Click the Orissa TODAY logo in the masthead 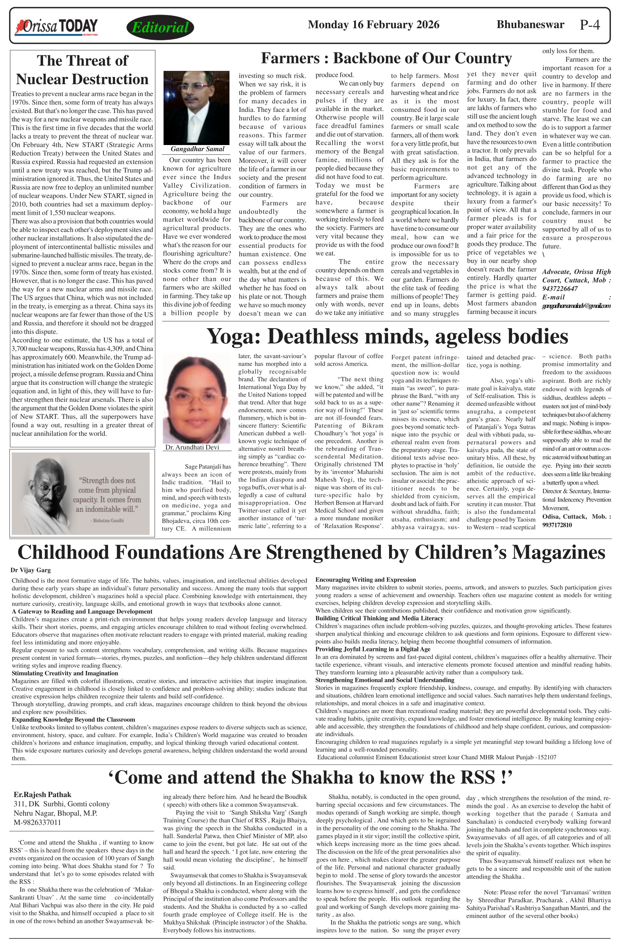56,27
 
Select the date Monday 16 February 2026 373,25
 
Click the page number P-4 589,25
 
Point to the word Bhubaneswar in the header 530,25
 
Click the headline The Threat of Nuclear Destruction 82,70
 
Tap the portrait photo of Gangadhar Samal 196,108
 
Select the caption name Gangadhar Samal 197,149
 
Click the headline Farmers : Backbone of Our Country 386,58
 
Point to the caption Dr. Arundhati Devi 192,447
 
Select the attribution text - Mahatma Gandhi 107,520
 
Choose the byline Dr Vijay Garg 31,570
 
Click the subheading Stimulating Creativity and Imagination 65,673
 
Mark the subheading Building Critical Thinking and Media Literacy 379,618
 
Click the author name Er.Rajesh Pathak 42,795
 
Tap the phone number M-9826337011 37,822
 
